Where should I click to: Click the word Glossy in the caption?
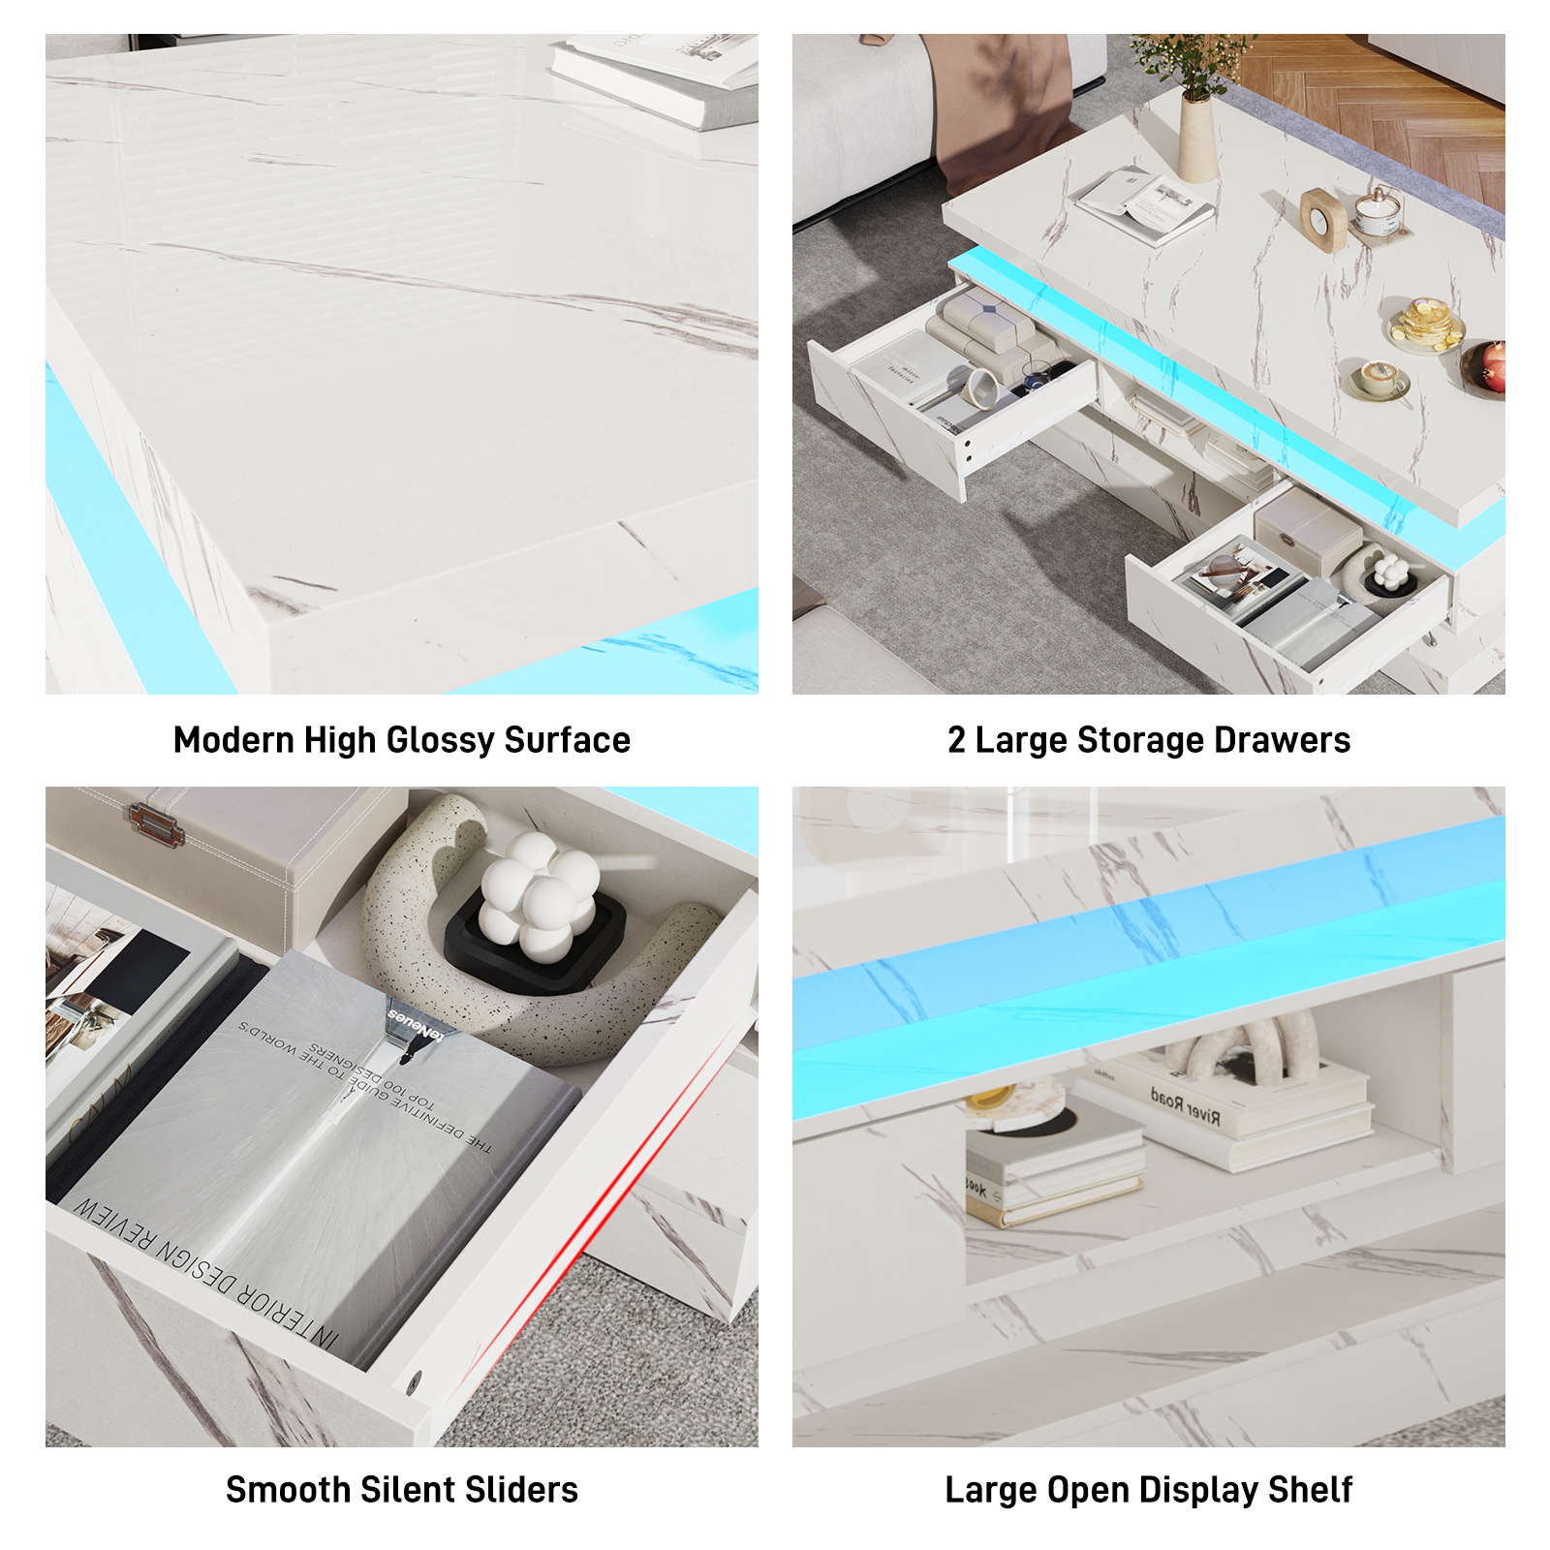tap(440, 741)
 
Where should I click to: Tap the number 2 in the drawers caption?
tap(956, 741)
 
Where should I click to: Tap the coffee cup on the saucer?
tap(1378, 377)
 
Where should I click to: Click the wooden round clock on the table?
tap(1323, 219)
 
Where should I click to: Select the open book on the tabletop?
tap(1143, 203)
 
